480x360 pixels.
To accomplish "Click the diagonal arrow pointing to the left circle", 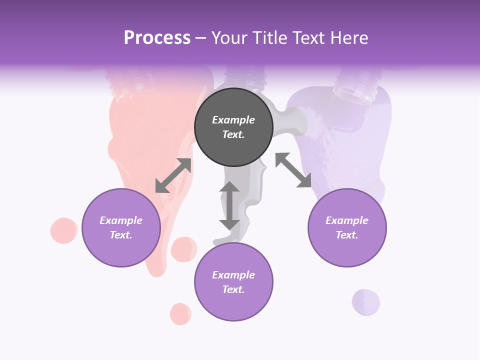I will pos(173,175).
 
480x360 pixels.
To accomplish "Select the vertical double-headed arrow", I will pos(229,205).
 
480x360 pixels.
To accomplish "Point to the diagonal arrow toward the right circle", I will pos(293,170).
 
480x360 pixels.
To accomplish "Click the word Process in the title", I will pos(157,38).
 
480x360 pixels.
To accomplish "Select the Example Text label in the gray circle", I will pos(233,127).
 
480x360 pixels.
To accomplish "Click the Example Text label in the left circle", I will pos(121,227).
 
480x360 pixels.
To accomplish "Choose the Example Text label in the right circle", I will pos(347,227).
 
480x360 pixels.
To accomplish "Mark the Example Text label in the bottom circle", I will pos(233,282).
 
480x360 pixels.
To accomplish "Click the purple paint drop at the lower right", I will pos(366,302).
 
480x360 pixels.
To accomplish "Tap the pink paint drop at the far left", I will pos(64,230).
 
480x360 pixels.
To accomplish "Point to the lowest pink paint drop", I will pos(180,314).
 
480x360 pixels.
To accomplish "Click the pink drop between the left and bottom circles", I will pos(184,249).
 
